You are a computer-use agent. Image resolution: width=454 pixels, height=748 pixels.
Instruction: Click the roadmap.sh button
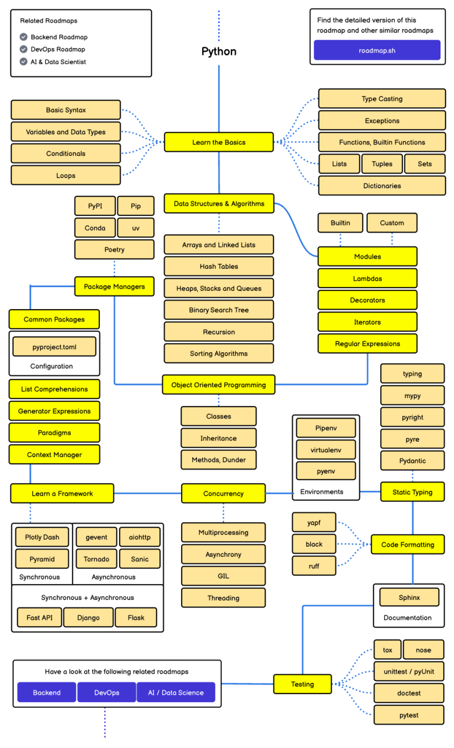tap(377, 50)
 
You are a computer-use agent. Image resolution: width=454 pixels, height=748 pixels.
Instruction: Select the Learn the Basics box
tap(219, 142)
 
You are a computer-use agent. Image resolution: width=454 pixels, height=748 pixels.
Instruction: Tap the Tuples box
tap(382, 164)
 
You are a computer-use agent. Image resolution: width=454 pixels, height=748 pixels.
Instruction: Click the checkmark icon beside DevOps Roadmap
tap(23, 49)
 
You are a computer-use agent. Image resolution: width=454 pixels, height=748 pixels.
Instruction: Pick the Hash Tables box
tap(219, 267)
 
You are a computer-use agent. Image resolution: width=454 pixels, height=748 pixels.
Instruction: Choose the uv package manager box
tap(136, 228)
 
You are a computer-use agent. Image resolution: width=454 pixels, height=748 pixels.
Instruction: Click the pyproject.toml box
tap(54, 347)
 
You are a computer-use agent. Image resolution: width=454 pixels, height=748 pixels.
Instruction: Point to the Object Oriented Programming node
tap(219, 384)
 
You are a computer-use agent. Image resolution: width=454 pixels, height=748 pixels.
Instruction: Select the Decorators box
tap(368, 300)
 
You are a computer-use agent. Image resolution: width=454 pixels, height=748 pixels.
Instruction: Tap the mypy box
tap(413, 396)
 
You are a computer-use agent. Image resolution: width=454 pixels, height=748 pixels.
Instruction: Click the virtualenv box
tap(326, 450)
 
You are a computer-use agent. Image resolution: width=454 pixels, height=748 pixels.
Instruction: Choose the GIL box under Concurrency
tap(224, 576)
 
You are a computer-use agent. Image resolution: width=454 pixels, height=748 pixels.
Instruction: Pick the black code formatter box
tap(314, 544)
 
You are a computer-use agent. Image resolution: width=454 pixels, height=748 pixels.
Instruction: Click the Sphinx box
tap(409, 597)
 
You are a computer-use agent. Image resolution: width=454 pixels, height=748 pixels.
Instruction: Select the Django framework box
tap(89, 618)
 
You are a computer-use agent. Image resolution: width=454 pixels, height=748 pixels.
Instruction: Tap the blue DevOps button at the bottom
tap(107, 692)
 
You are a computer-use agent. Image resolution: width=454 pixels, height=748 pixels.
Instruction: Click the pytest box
tap(409, 715)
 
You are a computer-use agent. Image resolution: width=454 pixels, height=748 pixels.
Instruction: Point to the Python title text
tap(219, 52)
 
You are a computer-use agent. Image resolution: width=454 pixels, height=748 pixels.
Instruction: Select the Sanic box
tap(140, 559)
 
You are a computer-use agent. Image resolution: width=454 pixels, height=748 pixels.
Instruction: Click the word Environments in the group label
tap(322, 492)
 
